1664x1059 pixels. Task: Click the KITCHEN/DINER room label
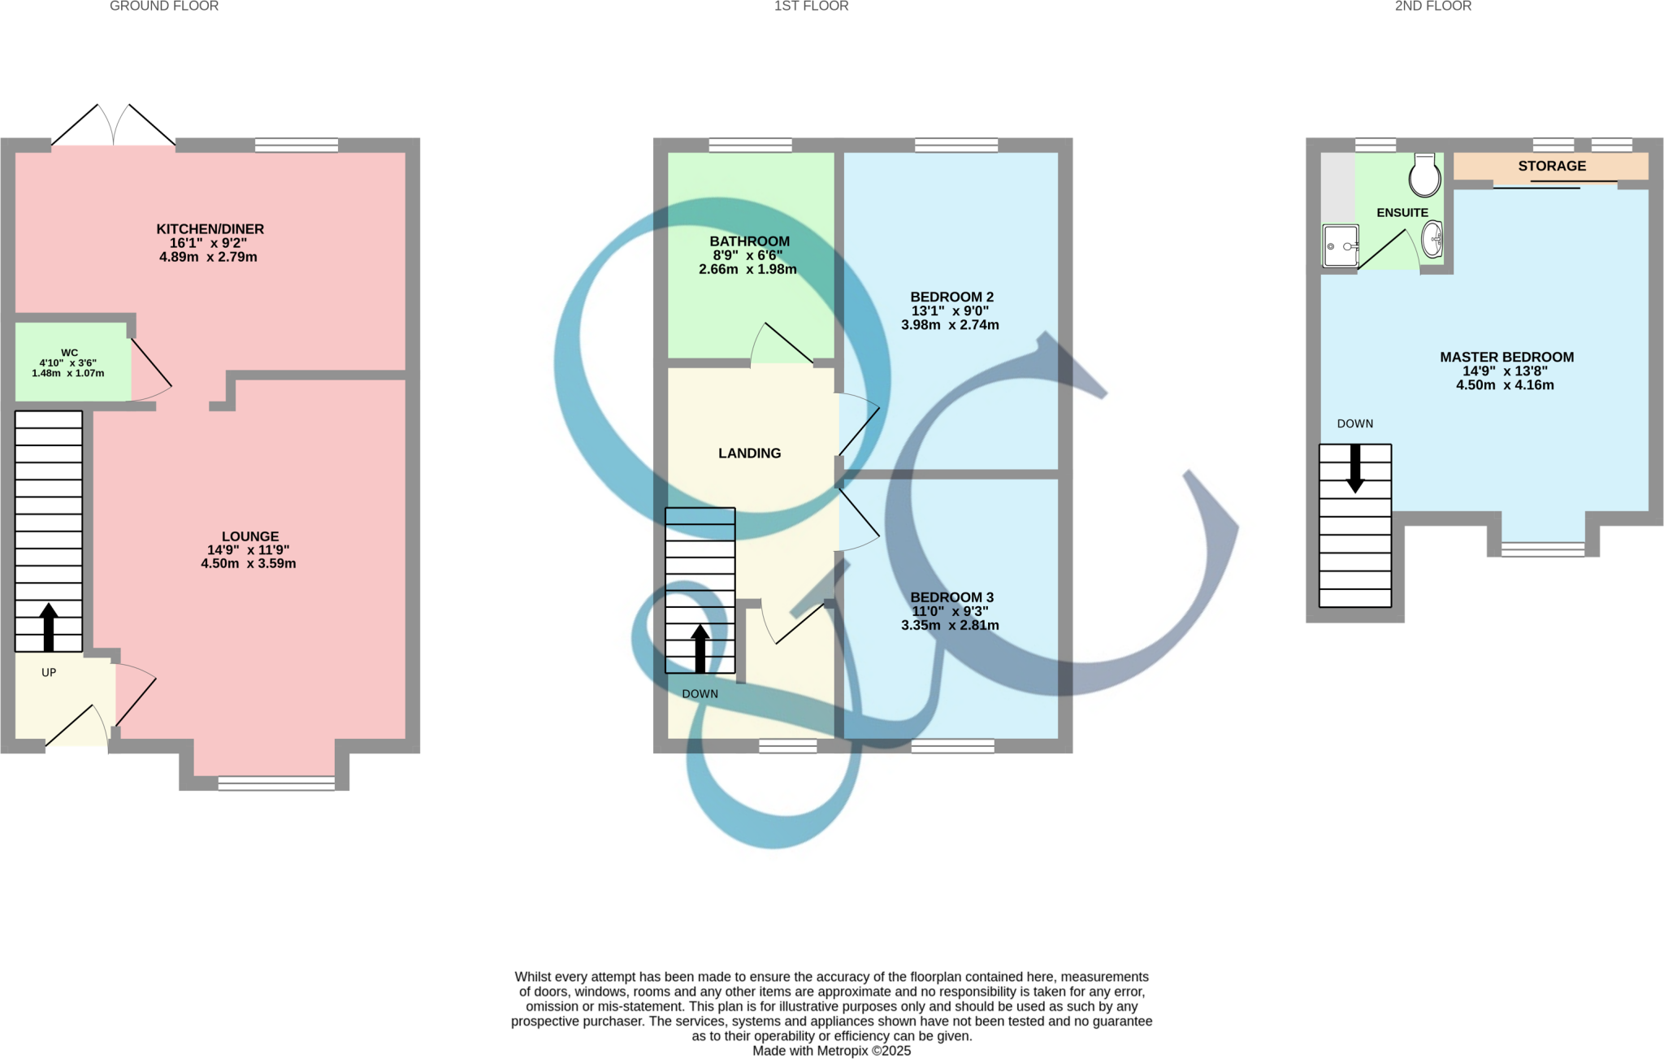point(210,229)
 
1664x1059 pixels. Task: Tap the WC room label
point(69,353)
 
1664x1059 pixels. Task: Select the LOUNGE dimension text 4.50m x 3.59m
point(249,563)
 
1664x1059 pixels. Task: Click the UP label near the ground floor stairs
point(49,672)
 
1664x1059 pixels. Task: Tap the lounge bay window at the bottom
point(276,783)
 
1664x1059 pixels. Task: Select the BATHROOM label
point(749,241)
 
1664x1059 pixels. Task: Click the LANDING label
point(749,454)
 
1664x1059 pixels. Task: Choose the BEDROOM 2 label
point(951,297)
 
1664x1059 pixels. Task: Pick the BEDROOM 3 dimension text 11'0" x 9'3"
point(950,611)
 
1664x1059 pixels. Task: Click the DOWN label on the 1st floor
point(700,693)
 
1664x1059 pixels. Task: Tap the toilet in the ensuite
point(1424,175)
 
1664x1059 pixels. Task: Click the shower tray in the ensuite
point(1341,245)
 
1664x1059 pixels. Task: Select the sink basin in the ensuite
point(1432,239)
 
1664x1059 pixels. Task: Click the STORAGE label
point(1552,166)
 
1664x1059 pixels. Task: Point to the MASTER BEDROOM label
point(1506,357)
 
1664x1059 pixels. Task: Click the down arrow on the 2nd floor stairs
point(1355,469)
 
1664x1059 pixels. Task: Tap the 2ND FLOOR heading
point(1433,7)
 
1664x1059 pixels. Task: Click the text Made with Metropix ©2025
point(831,1051)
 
